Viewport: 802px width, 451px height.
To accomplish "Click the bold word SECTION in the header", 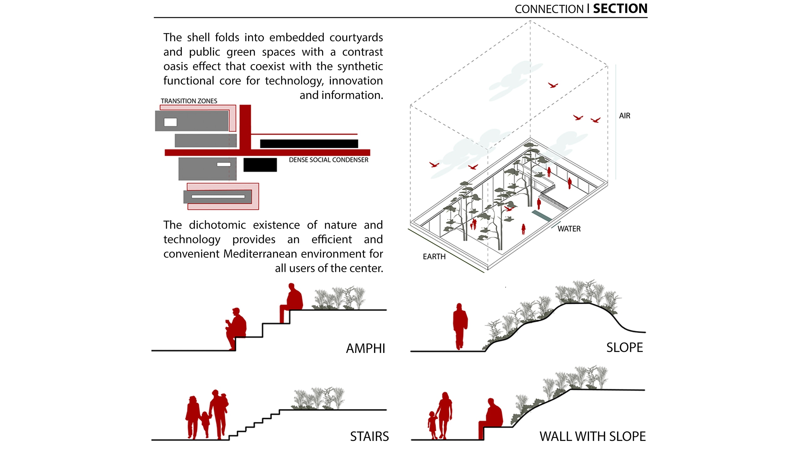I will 620,9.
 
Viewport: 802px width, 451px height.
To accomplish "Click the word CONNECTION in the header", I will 549,9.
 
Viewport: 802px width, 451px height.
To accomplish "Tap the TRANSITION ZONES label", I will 189,101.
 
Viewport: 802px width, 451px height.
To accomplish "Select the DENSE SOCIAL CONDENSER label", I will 328,160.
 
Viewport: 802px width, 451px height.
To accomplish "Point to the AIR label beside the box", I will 624,116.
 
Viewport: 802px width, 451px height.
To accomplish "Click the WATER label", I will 569,229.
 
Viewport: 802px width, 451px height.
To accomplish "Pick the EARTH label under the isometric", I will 434,257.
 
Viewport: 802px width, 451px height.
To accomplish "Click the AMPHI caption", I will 365,349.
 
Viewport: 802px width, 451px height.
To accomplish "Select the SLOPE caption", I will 624,348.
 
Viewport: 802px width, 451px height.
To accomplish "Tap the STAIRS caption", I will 369,436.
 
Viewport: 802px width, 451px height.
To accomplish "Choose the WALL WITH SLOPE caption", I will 592,436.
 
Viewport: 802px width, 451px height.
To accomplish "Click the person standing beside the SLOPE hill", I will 460,326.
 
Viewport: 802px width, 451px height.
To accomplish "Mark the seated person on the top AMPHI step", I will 292,301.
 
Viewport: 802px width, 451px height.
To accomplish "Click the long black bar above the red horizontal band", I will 309,144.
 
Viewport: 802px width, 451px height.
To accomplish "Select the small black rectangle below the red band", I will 260,165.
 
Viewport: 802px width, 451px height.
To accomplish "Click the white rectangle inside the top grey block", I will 170,122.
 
